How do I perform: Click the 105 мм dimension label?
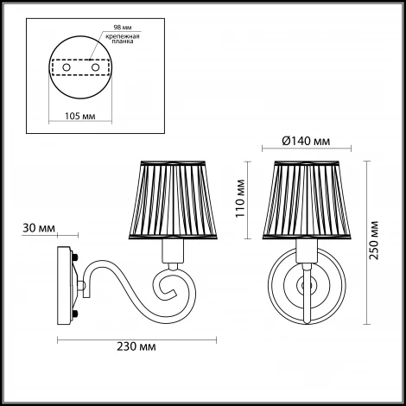[80, 116]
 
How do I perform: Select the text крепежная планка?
[123, 39]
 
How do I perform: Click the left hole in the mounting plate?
[67, 67]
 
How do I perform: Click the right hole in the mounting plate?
[95, 67]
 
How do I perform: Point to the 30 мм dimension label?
[39, 228]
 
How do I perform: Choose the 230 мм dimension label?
[136, 346]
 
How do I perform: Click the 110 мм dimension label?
[240, 199]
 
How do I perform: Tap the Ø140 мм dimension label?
[306, 141]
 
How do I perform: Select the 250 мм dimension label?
[374, 240]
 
